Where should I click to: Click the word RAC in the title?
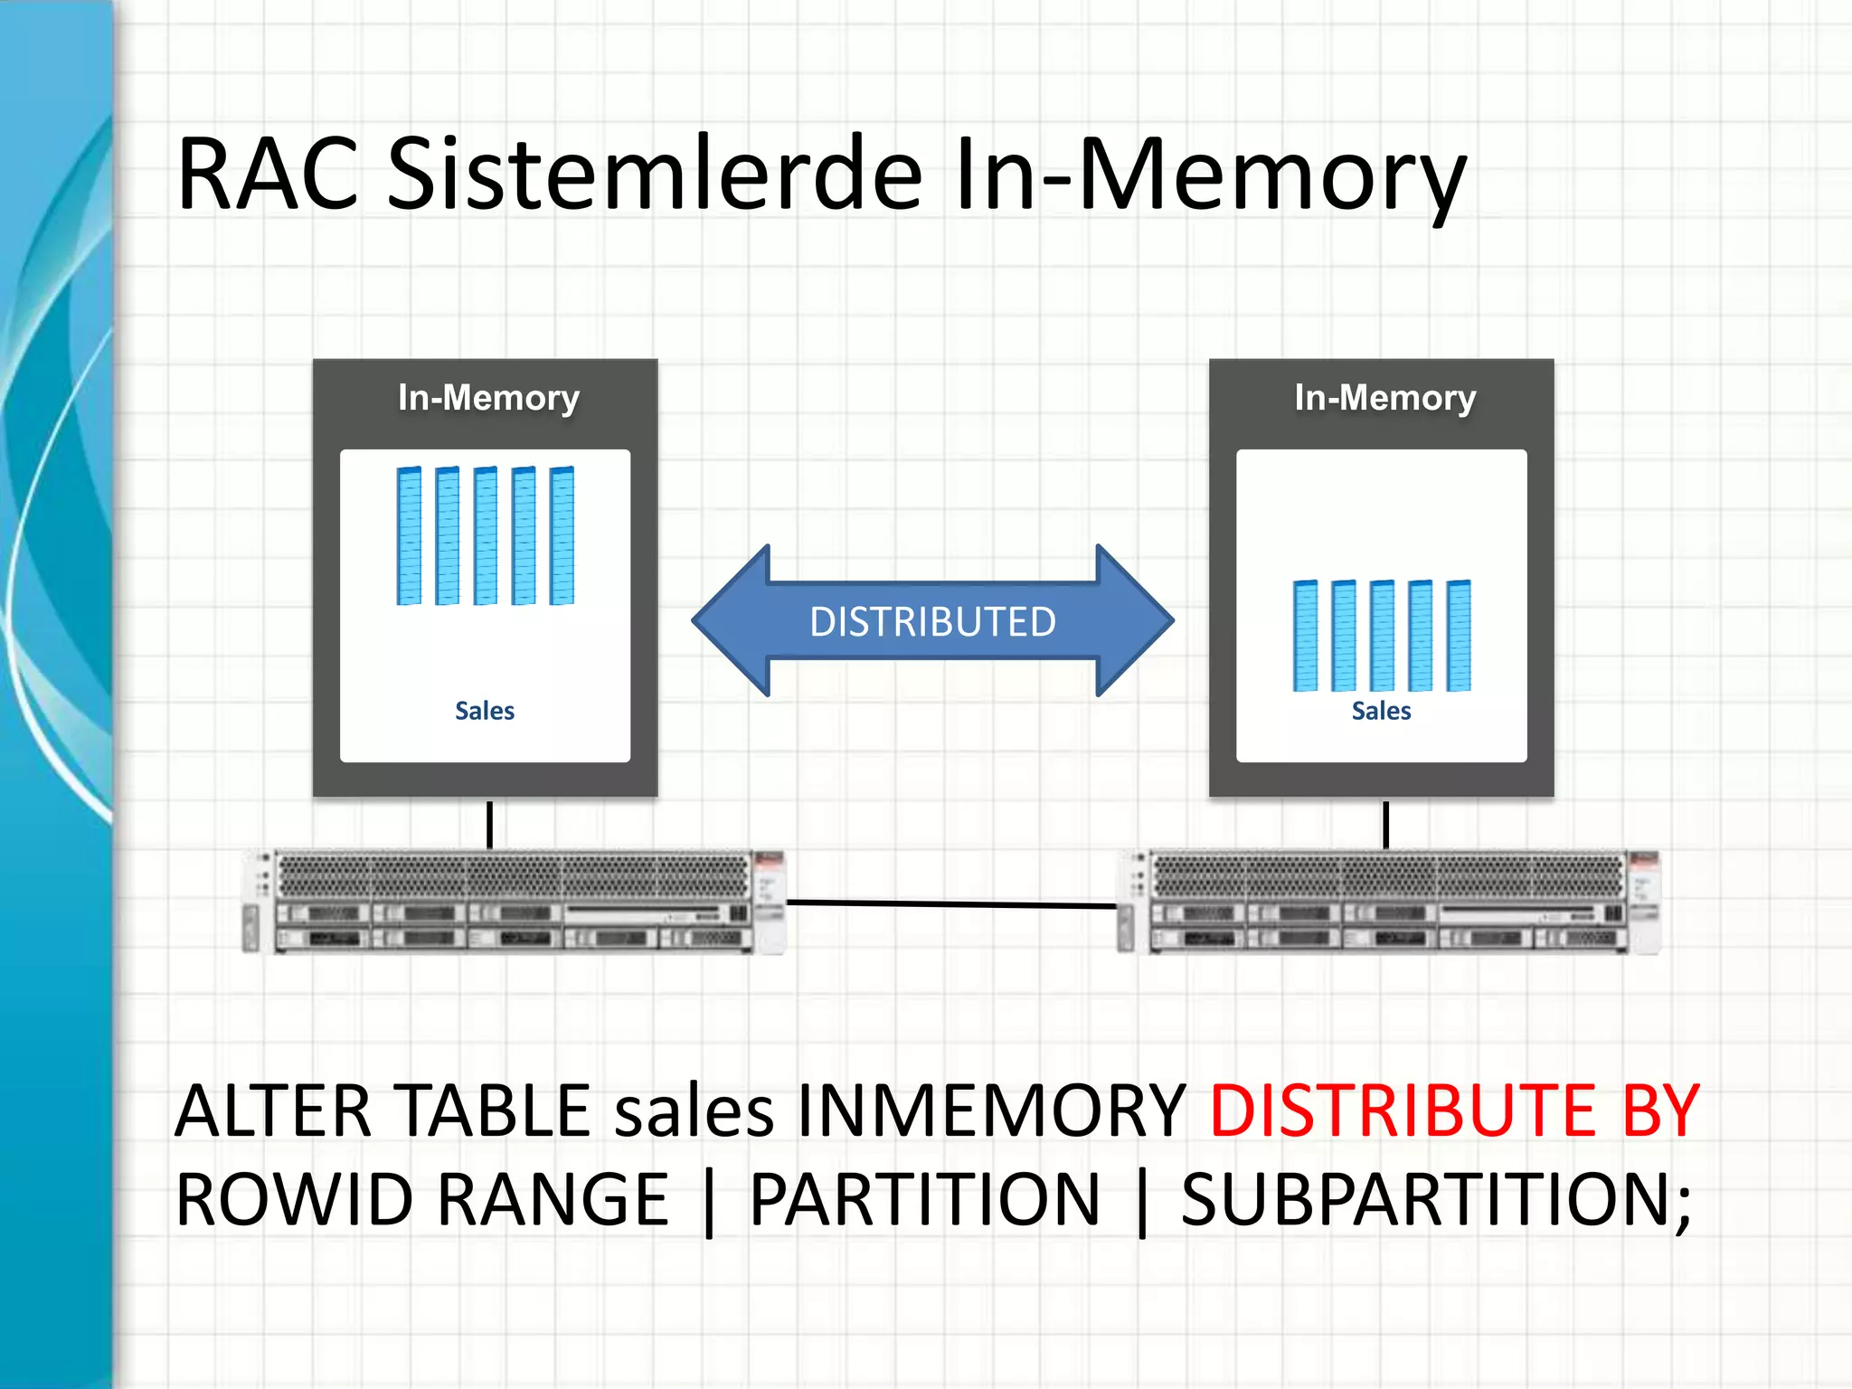coord(268,174)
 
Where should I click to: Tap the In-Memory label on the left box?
coord(488,398)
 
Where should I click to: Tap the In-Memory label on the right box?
coord(1384,398)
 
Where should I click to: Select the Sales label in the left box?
coord(485,711)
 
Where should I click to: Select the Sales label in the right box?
coord(1381,711)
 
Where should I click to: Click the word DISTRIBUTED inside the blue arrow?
coord(932,622)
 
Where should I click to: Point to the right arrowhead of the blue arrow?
coord(1134,620)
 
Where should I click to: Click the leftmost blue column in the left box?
coord(409,535)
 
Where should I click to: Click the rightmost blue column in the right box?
coord(1458,636)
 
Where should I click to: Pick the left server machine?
coord(514,902)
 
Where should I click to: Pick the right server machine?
coord(1389,902)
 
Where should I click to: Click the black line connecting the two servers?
coord(951,903)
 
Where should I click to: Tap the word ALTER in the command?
coord(272,1110)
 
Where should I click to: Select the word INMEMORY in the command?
coord(991,1110)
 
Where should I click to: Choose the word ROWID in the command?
coord(294,1200)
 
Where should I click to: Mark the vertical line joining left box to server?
coord(490,824)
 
